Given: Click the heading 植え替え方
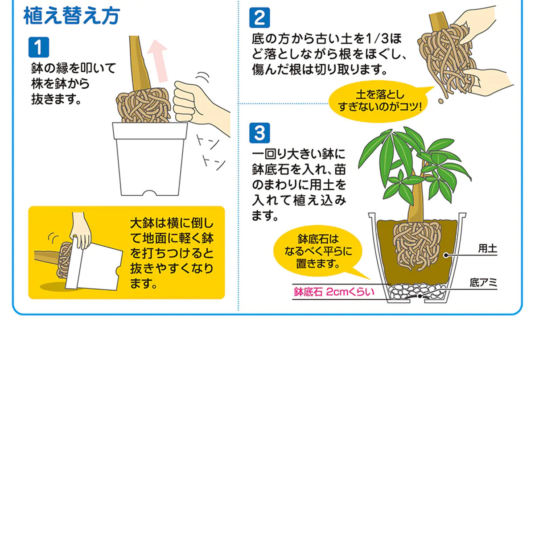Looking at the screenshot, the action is pyautogui.click(x=72, y=16).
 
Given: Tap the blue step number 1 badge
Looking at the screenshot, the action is pyautogui.click(x=39, y=47).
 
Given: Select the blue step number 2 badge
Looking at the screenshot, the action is pyautogui.click(x=259, y=17).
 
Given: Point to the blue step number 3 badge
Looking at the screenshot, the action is pyautogui.click(x=259, y=133).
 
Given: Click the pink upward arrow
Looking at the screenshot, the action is pyautogui.click(x=157, y=61).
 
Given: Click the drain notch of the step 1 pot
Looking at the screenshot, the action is pyautogui.click(x=150, y=193).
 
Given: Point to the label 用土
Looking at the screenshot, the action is pyautogui.click(x=488, y=248).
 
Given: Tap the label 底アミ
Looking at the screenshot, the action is pyautogui.click(x=483, y=283).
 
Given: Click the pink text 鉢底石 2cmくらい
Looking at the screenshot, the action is pyautogui.click(x=334, y=292).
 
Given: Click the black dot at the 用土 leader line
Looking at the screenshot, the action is pyautogui.click(x=446, y=255).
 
